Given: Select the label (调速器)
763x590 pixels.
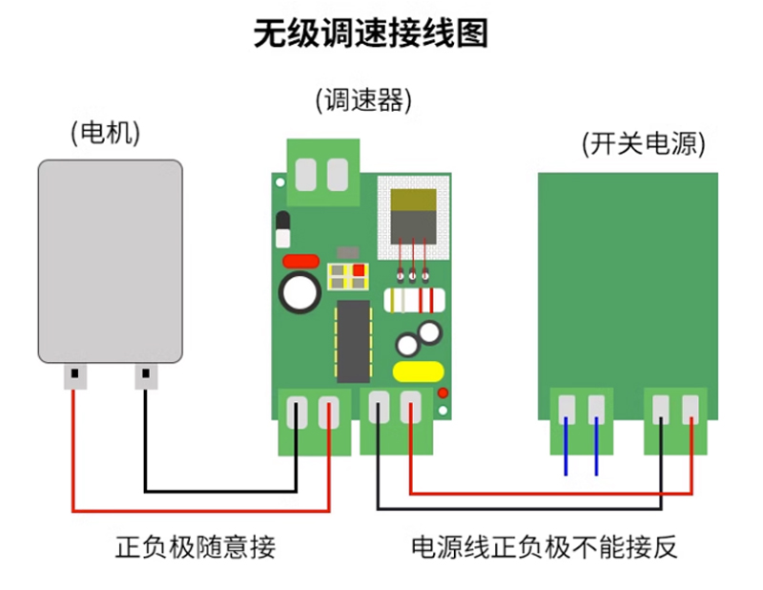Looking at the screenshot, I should tap(363, 98).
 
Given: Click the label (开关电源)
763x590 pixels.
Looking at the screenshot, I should tap(644, 143).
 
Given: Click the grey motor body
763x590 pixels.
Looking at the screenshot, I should tap(110, 261).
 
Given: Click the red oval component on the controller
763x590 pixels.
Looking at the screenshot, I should tap(300, 260).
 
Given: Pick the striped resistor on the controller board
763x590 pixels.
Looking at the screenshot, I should tap(414, 301).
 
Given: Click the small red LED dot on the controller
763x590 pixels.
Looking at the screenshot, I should tap(443, 392).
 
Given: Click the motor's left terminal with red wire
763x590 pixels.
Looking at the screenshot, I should tap(73, 377).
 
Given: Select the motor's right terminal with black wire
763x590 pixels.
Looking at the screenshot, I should tap(145, 377).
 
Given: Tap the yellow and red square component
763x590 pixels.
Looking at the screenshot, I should tap(346, 276).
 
